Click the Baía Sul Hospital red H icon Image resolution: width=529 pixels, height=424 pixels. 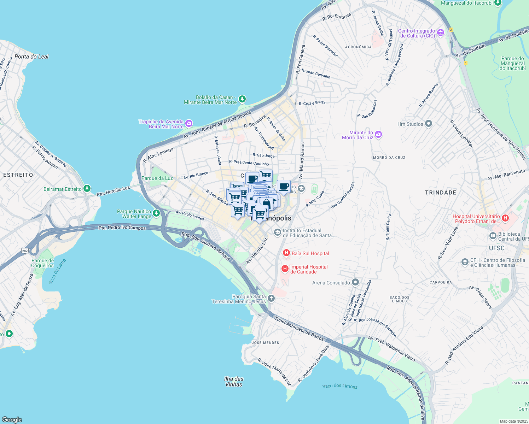tap(286, 253)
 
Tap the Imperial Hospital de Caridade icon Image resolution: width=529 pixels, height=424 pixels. tap(285, 269)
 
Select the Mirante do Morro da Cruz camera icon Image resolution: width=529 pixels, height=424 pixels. tap(378, 135)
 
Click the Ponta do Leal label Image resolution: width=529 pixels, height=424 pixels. tap(31, 57)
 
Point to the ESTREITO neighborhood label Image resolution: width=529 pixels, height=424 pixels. tap(18, 175)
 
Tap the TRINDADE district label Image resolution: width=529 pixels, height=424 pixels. tap(440, 193)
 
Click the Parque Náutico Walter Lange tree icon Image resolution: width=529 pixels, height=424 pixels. tap(156, 213)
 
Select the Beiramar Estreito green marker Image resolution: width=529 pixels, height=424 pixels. tap(87, 189)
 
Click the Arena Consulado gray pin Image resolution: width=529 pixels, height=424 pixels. tap(355, 282)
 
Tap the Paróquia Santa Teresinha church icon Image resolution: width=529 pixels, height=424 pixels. tap(271, 299)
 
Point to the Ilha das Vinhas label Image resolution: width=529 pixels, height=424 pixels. tap(234, 382)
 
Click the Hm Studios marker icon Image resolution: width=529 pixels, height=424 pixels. tap(429, 124)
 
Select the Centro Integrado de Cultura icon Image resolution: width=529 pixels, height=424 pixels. tap(441, 33)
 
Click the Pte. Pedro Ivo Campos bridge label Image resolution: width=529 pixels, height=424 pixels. tap(122, 228)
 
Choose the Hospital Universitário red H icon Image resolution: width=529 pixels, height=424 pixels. tap(505, 218)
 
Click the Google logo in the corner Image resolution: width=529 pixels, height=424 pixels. tap(12, 419)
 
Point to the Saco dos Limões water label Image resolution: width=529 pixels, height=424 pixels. tap(340, 386)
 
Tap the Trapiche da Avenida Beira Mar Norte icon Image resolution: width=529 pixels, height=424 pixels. tap(189, 124)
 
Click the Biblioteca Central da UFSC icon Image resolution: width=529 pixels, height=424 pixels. tap(493, 236)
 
